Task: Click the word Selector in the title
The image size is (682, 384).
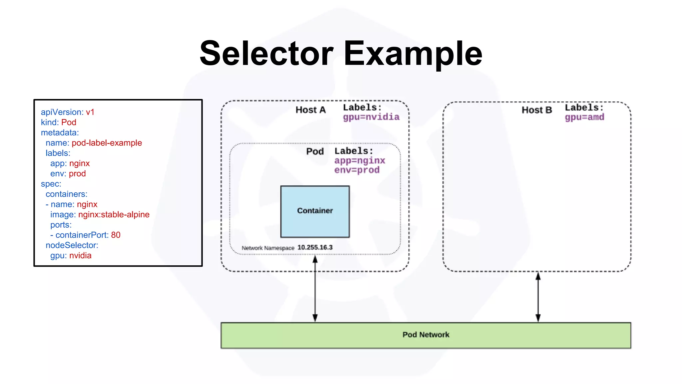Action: point(266,53)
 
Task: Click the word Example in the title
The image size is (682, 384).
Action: point(413,53)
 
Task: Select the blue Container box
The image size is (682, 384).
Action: point(315,211)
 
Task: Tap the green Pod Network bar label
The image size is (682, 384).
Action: point(426,335)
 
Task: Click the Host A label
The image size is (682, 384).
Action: point(310,110)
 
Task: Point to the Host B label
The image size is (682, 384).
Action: point(536,110)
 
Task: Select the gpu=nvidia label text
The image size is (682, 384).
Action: point(371,117)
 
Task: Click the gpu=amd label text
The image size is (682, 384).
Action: point(584,117)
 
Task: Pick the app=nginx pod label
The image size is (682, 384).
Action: point(360,161)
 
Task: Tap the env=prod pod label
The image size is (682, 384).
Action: point(357,170)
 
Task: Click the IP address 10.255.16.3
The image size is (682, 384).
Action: point(315,247)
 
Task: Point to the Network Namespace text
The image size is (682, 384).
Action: point(268,248)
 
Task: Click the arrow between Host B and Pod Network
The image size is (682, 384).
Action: point(538,297)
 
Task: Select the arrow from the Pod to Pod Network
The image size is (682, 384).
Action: point(315,289)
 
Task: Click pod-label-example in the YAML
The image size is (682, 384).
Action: point(107,143)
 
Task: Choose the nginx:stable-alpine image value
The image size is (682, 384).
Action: point(114,215)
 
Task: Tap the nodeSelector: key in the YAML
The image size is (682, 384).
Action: point(72,245)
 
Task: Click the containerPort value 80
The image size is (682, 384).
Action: point(116,235)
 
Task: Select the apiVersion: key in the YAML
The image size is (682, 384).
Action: point(62,112)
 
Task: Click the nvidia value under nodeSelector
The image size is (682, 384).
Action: point(80,256)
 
